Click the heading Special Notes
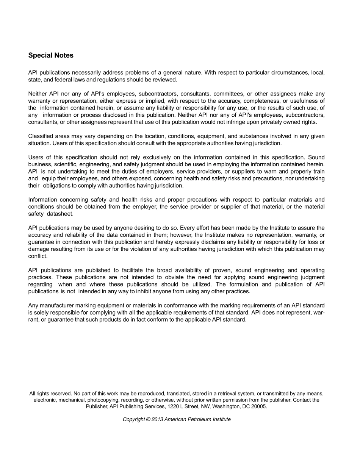pos(51,55)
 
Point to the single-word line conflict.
pos(38,256)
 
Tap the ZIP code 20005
pos(260,406)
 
